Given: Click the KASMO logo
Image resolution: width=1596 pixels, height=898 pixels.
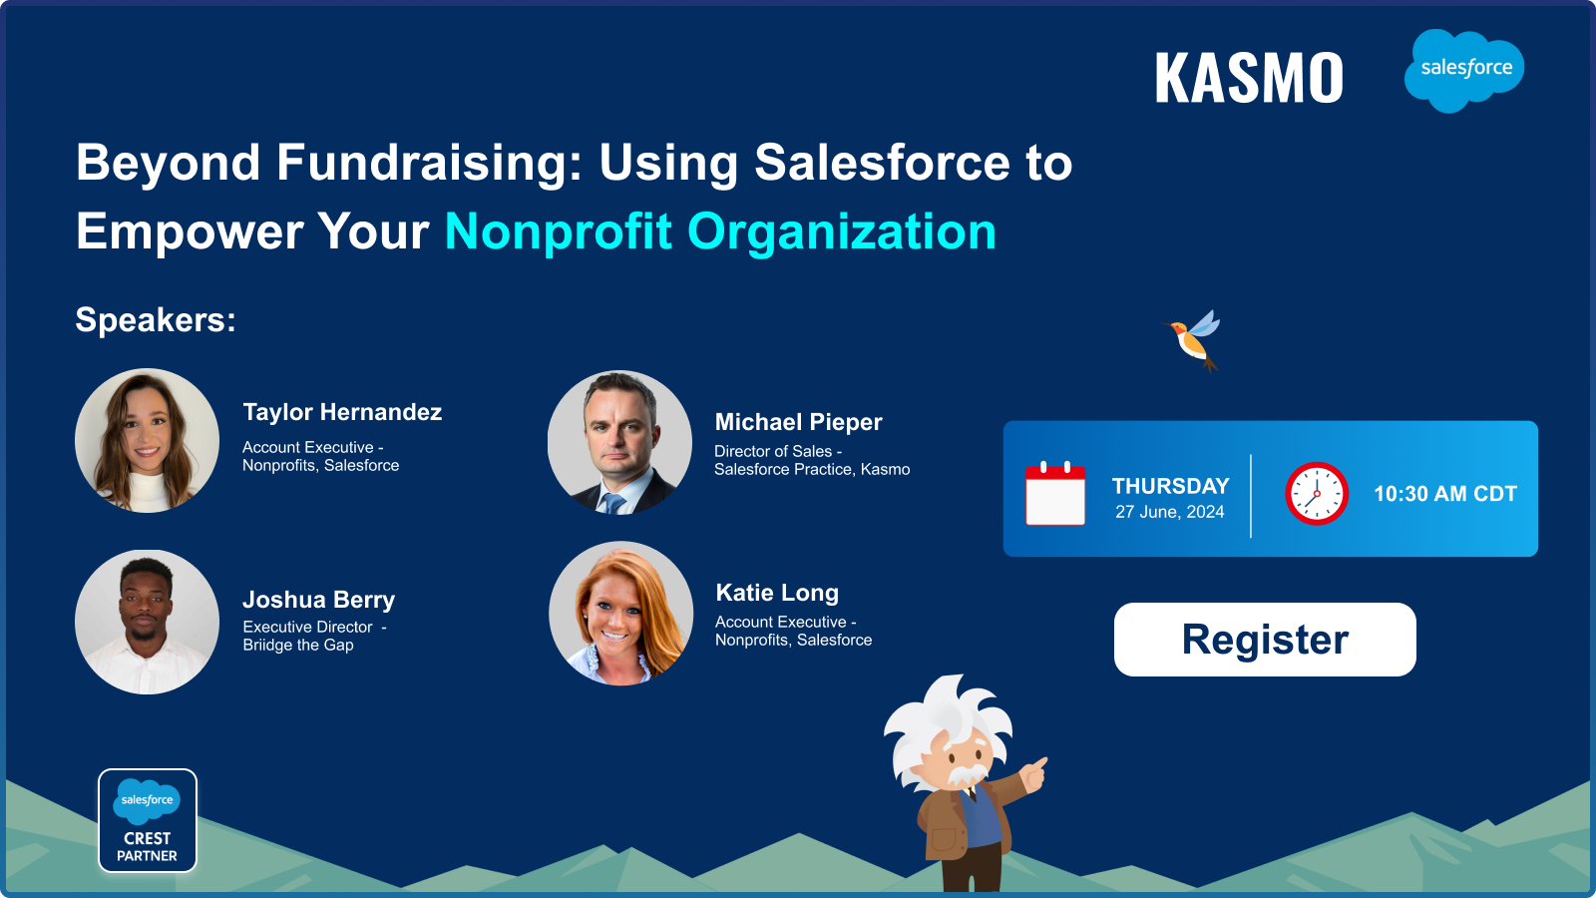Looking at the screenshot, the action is click(x=1249, y=77).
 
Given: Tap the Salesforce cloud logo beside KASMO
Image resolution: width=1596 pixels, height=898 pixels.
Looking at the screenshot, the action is click(x=1464, y=70).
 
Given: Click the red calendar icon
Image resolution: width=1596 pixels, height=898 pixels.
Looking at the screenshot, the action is click(x=1055, y=493).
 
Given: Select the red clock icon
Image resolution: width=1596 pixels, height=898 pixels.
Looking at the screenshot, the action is click(x=1317, y=493).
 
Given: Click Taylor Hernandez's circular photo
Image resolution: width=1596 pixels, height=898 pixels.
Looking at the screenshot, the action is click(x=147, y=440).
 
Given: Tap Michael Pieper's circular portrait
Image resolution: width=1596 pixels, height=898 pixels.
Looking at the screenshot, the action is click(x=619, y=442).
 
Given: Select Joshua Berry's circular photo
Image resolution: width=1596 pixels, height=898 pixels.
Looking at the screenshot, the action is click(x=147, y=622).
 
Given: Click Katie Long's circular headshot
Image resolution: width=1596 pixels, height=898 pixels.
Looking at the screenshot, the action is click(x=620, y=614).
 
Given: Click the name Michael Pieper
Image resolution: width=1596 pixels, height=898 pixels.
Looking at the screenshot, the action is click(x=798, y=422).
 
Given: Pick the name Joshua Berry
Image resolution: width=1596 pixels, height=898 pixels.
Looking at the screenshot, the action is click(x=318, y=600).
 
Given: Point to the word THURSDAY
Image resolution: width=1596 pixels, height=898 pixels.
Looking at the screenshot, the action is click(x=1171, y=486).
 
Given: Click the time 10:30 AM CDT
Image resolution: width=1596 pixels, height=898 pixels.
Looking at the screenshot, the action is click(x=1445, y=493).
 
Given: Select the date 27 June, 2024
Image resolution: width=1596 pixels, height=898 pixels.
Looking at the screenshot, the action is click(x=1170, y=512).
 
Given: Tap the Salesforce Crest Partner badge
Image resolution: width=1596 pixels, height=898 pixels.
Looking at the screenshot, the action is click(x=148, y=820).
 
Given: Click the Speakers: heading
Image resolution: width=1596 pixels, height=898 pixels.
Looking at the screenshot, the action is click(x=156, y=319).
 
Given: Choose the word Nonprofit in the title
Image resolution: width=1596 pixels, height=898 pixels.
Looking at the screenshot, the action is click(x=559, y=231).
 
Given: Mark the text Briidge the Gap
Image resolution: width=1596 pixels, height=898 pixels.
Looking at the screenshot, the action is click(x=298, y=645).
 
